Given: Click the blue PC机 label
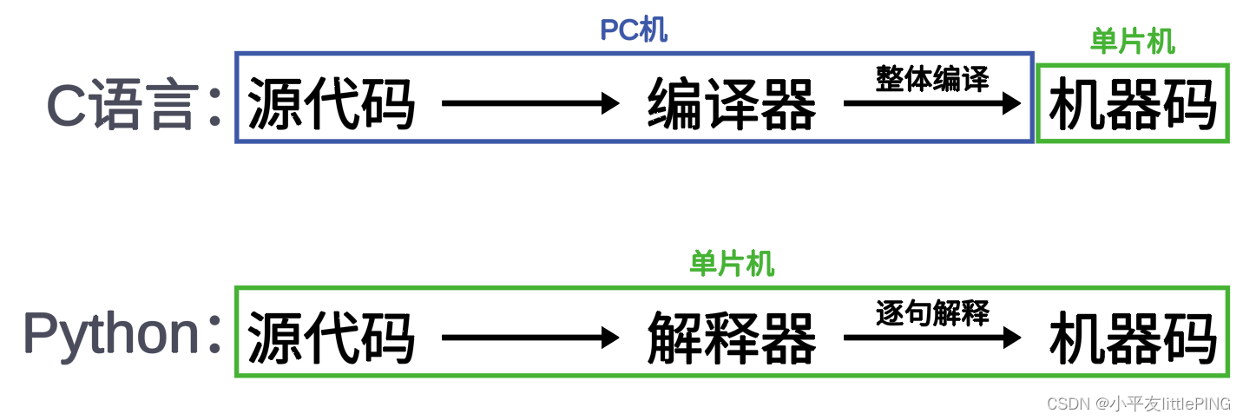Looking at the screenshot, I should point(634,30).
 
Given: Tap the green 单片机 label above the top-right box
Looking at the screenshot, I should point(1132,41).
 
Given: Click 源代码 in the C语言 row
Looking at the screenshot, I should point(332,105).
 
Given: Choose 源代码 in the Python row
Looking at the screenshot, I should point(332,338).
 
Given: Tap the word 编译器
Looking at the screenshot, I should point(732,105).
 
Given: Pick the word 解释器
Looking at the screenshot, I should point(732,338).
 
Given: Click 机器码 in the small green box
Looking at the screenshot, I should point(1133,105).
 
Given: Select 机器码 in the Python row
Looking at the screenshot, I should point(1133,338).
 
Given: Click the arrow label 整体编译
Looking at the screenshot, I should point(932,80).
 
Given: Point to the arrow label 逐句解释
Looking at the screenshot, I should point(932,312).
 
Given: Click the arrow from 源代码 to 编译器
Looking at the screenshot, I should point(530,104).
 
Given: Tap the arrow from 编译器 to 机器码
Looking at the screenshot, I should point(932,104).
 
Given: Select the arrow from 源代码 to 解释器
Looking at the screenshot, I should point(530,338).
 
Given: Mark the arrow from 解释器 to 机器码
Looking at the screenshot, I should point(932,338).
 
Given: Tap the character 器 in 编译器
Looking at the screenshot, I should point(788,105).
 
